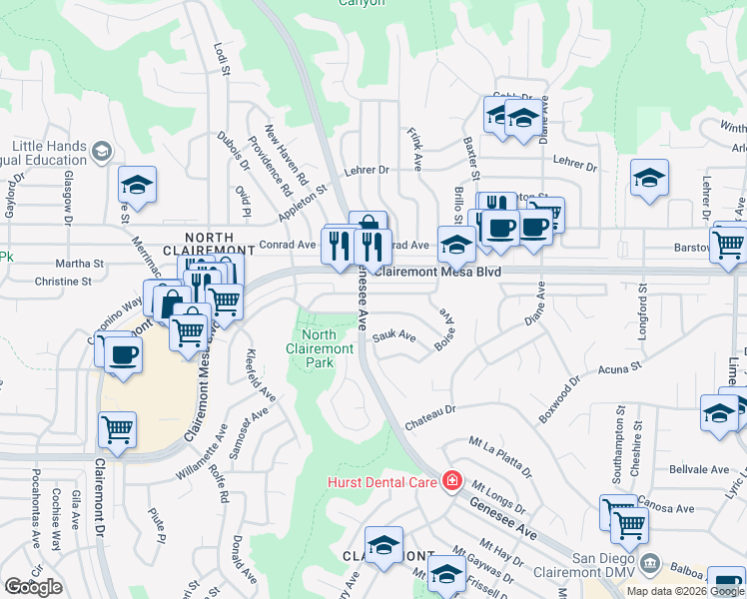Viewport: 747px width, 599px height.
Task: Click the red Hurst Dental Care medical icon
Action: (452, 482)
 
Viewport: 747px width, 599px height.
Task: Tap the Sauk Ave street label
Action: (393, 337)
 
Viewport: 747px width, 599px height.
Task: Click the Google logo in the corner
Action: (34, 586)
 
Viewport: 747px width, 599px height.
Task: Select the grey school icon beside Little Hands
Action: (101, 152)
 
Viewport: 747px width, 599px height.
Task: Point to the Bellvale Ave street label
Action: (698, 469)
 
